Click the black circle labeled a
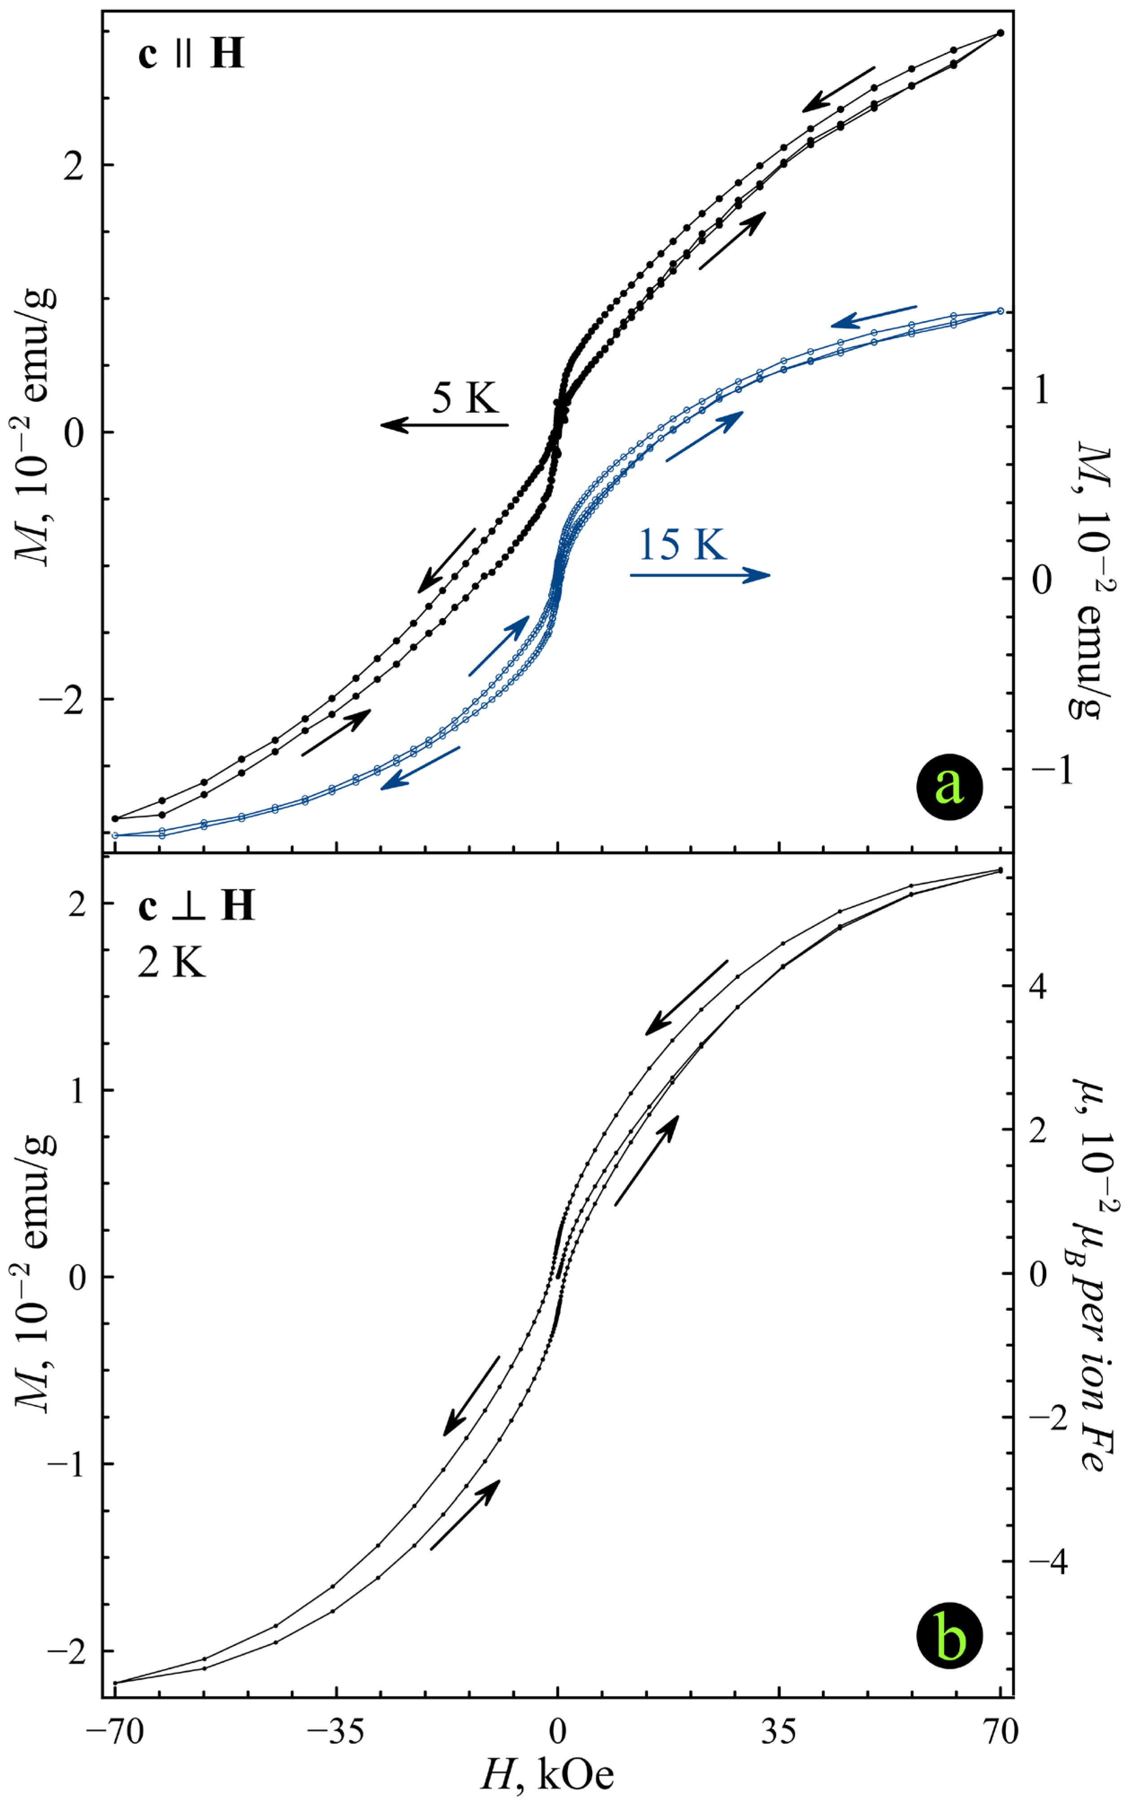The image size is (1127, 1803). click(x=949, y=786)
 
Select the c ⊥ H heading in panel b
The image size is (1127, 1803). click(x=196, y=906)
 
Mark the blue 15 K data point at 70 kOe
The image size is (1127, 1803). click(x=1000, y=311)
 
